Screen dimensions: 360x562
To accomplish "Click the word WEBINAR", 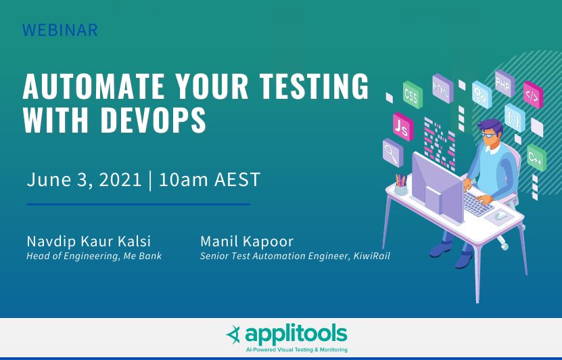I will click(60, 30).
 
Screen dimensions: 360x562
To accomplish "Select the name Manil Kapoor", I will click(246, 242).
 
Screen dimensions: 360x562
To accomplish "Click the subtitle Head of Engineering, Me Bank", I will click(94, 256).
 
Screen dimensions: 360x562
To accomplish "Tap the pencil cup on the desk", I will click(401, 184).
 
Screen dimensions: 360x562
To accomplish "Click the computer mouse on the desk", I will click(500, 215).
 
